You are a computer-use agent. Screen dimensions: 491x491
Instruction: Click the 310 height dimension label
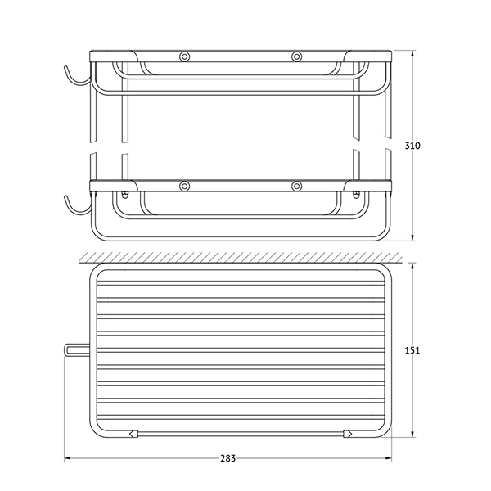click(412, 146)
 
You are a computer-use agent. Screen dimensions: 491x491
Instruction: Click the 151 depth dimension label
click(412, 350)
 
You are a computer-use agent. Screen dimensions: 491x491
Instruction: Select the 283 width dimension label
click(227, 458)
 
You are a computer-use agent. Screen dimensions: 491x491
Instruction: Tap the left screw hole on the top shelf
click(184, 56)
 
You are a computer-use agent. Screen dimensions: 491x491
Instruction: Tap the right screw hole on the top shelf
click(296, 56)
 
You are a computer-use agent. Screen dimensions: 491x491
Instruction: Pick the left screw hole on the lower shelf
click(184, 187)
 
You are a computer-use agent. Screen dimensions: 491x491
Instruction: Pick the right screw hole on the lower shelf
click(296, 187)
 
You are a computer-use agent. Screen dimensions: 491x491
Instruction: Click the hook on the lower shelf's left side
click(76, 208)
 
